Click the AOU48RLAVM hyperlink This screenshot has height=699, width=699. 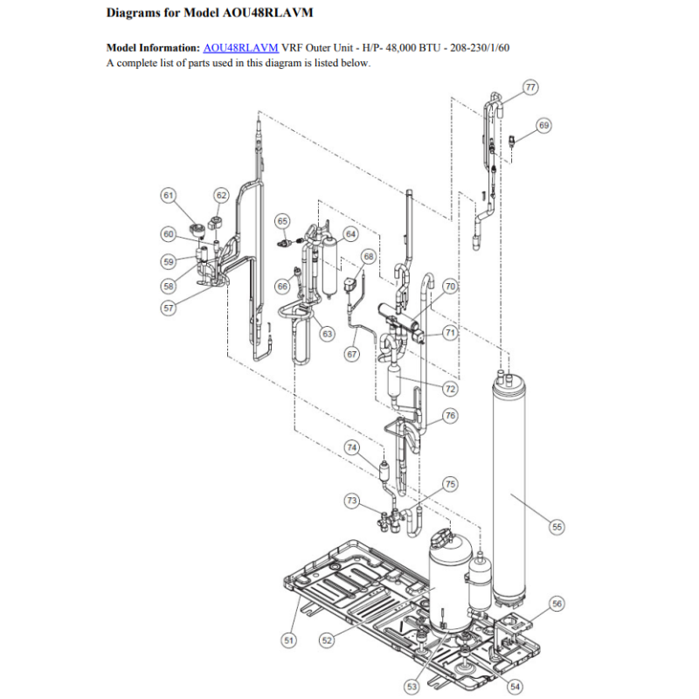[x=241, y=48]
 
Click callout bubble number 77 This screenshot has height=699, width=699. [x=530, y=87]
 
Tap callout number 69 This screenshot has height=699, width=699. [x=543, y=125]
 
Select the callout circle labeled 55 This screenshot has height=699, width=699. [x=557, y=527]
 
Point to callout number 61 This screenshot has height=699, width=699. [x=168, y=195]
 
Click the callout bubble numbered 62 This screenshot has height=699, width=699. [x=222, y=195]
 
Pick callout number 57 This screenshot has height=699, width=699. [x=169, y=308]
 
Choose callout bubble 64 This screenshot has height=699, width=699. [x=351, y=234]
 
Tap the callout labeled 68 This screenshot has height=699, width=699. [x=369, y=256]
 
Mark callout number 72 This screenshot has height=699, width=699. [x=450, y=389]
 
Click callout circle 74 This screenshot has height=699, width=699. [x=352, y=447]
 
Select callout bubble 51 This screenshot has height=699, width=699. [x=289, y=640]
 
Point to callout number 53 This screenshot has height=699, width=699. [x=412, y=687]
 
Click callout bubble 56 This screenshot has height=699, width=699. [x=557, y=604]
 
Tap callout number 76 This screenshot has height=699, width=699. [x=450, y=416]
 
